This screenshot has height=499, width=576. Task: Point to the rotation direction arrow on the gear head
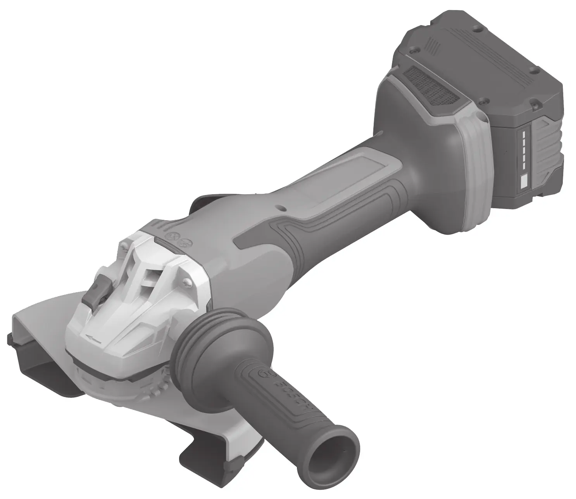pyautogui.click(x=93, y=339)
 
